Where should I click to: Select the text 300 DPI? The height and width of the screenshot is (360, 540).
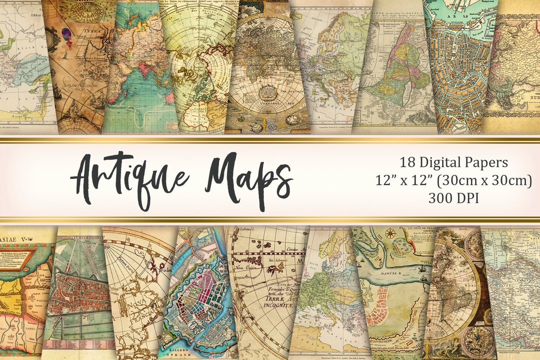(x=453, y=198)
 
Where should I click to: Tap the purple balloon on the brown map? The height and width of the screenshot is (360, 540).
(x=66, y=34)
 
